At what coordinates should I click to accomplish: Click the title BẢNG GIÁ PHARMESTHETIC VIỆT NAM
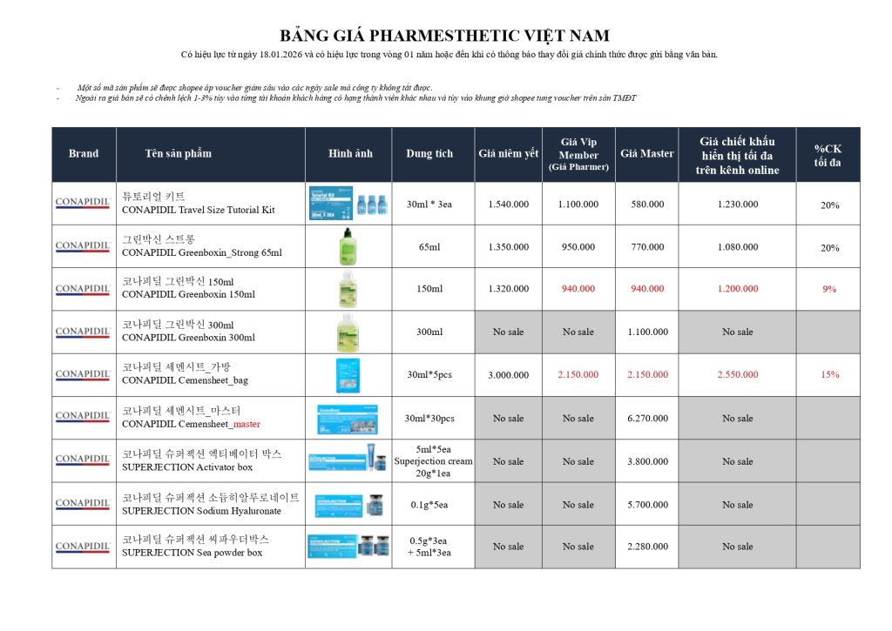444,36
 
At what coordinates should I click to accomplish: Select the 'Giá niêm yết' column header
508,154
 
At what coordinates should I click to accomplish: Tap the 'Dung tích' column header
429,154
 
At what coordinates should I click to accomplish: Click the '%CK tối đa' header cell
828,155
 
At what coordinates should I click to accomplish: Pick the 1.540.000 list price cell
508,205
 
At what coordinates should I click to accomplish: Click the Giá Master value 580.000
647,205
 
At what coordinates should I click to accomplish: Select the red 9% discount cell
828,289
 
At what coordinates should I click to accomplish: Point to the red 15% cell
828,375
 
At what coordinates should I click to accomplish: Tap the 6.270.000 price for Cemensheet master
647,419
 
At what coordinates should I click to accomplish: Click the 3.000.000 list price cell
508,375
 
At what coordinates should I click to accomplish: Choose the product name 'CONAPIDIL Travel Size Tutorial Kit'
198,210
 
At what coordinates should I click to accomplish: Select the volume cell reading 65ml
429,247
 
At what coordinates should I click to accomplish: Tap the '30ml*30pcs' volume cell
429,419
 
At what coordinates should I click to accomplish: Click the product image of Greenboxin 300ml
348,332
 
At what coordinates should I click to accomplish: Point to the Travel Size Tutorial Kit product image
348,204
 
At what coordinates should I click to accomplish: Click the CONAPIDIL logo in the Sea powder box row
84,547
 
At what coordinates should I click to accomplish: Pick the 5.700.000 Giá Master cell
647,505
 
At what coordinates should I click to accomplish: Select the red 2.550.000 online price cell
737,375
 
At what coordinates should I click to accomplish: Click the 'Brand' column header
84,154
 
